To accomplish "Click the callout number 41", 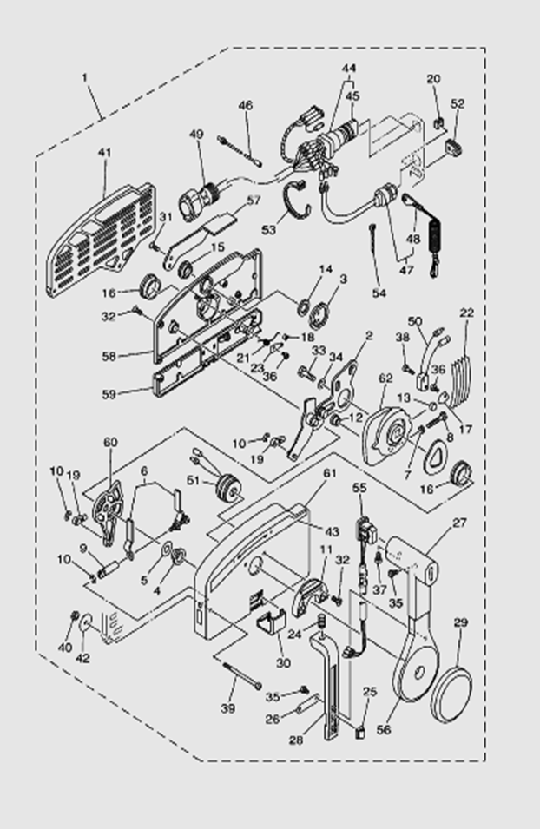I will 105,153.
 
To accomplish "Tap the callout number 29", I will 460,622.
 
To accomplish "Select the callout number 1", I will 85,77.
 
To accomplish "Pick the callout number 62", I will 385,378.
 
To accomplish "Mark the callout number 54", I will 379,293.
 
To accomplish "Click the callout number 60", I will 110,443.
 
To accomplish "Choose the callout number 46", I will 246,105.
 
